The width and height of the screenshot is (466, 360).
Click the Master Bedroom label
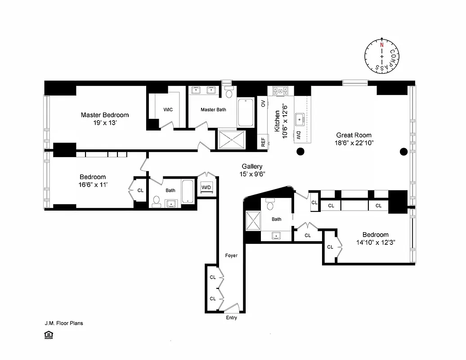pyautogui.click(x=104, y=115)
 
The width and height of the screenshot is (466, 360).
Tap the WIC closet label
pyautogui.click(x=168, y=109)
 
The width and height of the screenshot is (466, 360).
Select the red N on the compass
pyautogui.click(x=382, y=45)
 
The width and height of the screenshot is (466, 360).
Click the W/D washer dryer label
pyautogui.click(x=206, y=187)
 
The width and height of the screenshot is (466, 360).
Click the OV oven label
pyautogui.click(x=263, y=103)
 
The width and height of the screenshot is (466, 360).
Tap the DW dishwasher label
pyautogui.click(x=298, y=135)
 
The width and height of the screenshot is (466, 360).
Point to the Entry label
pyautogui.click(x=231, y=318)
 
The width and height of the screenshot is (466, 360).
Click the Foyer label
pyautogui.click(x=231, y=256)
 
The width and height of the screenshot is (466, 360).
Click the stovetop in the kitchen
pyautogui.click(x=281, y=91)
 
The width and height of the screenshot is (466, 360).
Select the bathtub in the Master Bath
pyautogui.click(x=246, y=112)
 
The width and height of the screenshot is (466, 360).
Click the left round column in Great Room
pyautogui.click(x=300, y=151)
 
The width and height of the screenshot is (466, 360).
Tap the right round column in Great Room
pyautogui.click(x=403, y=151)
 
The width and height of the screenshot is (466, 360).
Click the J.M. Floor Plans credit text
pyautogui.click(x=63, y=323)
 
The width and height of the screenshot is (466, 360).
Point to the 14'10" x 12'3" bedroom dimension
pyautogui.click(x=375, y=242)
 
